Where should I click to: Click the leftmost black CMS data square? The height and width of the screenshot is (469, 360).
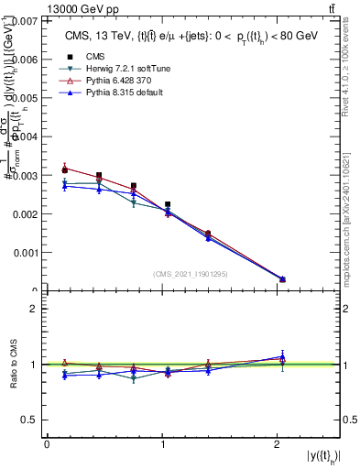[x=64, y=169]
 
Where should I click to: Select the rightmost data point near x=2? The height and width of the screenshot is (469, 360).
[x=282, y=279]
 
